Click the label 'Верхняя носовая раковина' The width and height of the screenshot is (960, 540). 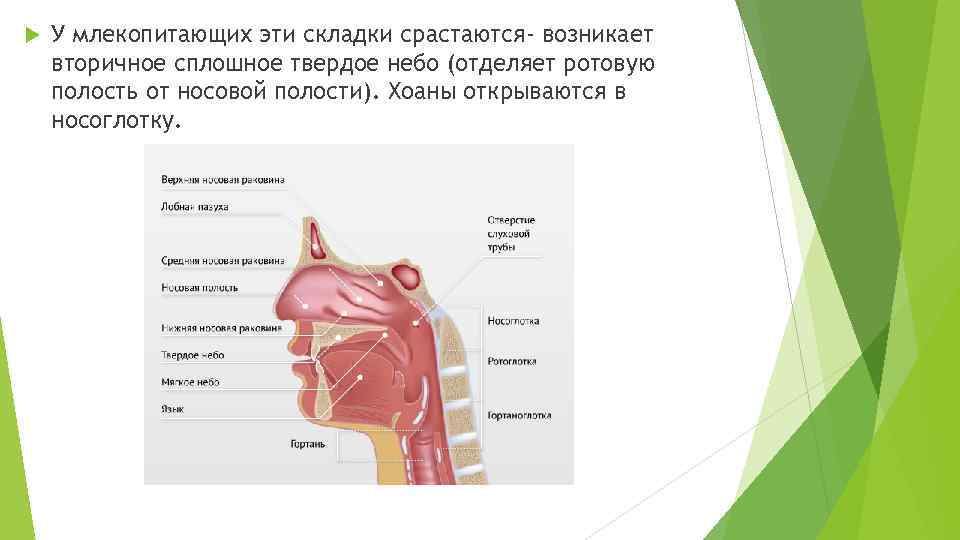coord(222,180)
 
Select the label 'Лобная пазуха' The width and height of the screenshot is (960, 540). coord(195,207)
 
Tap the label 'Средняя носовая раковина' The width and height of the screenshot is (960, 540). coord(222,260)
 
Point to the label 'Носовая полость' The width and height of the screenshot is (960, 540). coord(199,287)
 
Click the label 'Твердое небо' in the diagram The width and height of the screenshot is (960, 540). coord(192,355)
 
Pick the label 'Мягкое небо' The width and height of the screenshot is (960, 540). coord(190,382)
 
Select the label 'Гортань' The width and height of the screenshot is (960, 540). coord(307,442)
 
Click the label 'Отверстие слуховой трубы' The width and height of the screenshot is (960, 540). coord(511,233)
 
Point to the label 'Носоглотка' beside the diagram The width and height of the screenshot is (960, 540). coord(513,321)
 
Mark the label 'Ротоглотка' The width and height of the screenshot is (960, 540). coord(512,361)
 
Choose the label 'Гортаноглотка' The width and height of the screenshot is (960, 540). coord(519,415)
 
